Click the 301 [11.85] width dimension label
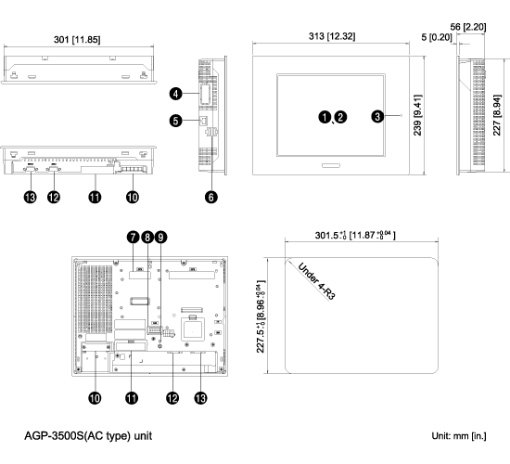coord(77,40)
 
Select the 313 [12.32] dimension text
coord(332,36)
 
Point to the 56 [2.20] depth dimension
coord(468,27)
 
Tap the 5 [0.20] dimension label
coord(437,37)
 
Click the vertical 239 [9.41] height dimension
coord(417,115)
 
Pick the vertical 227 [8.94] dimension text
coord(497,115)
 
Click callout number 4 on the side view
coord(175,94)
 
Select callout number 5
coord(175,121)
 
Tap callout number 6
coord(211,197)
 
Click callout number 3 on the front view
coord(377,116)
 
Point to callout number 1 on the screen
coord(325,117)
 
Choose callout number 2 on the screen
coord(340,117)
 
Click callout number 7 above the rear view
coord(133,237)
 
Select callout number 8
coord(147,237)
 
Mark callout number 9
coord(160,237)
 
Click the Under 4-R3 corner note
coord(316,281)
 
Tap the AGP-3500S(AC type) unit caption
coord(88,435)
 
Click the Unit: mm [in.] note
coord(459,436)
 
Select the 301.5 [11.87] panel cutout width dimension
coord(355,235)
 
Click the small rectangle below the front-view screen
coord(331,165)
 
